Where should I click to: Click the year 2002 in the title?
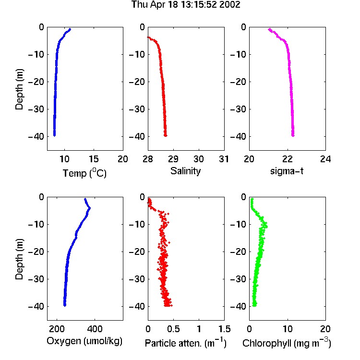click(229, 4)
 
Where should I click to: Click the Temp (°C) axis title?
click(84, 173)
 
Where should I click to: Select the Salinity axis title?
click(185, 171)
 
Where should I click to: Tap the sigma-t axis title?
click(287, 171)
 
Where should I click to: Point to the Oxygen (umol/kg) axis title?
click(84, 341)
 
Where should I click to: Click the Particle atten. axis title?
click(186, 343)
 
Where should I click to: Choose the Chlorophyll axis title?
click(287, 343)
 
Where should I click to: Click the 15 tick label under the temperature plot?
click(94, 159)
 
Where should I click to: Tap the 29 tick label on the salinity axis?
click(173, 159)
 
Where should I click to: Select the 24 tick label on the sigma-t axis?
click(325, 159)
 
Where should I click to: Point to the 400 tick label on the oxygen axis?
click(95, 329)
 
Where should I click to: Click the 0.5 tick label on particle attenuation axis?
click(173, 329)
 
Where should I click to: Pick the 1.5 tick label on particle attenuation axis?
click(224, 329)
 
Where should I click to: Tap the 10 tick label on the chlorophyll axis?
click(288, 329)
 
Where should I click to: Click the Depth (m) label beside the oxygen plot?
click(19, 259)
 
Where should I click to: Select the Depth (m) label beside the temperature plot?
click(19, 89)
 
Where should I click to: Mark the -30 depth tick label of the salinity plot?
click(137, 109)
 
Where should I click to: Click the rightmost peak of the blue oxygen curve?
click(90, 208)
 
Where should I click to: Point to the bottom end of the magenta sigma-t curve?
click(293, 135)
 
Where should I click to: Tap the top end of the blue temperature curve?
click(70, 29)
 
